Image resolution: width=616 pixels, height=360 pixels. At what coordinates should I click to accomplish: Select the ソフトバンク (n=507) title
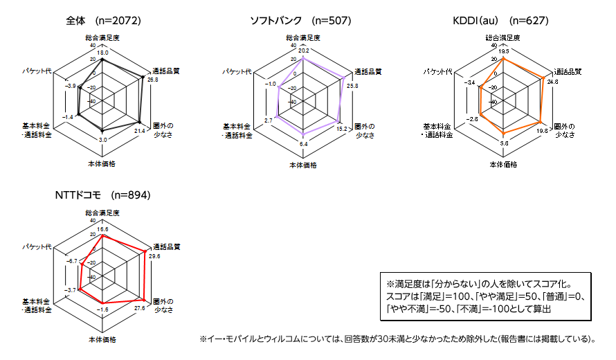tap(300, 21)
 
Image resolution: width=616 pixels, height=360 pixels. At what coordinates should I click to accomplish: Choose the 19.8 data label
tap(542, 130)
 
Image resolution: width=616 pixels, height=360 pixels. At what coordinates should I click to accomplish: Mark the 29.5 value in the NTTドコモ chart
tap(154, 255)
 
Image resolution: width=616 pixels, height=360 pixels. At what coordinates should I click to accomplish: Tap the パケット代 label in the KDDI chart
tap(438, 72)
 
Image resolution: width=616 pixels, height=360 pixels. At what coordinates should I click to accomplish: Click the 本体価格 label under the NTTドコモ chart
tap(102, 340)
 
